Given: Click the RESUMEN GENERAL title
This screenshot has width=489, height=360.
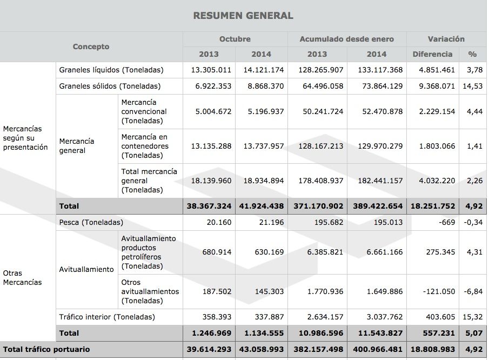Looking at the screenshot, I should tap(243, 16).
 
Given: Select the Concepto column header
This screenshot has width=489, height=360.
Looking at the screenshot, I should tap(91, 46).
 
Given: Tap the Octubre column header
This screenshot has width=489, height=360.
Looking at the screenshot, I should tap(235, 39).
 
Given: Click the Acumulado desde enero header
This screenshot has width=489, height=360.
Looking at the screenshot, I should tap(347, 39).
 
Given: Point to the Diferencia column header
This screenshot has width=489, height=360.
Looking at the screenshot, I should tap(432, 54).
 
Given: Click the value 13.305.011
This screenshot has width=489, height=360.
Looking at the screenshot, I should tap(211, 70).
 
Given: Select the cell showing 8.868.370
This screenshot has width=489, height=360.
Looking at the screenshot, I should tap(263, 86).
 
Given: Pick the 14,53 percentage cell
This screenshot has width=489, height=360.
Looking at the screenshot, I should tap(472, 86).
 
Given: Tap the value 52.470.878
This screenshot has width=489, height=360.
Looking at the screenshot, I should tap(380, 111).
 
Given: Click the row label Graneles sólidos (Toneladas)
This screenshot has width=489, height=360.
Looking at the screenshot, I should tap(110, 86).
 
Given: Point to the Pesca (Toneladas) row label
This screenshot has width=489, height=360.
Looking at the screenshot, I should tap(91, 222).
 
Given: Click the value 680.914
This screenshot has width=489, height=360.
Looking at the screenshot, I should tap(216, 252).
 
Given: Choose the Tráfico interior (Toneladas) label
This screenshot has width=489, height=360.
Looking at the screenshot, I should tap(107, 317).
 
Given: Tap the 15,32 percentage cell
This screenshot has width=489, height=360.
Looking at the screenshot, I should tap(472, 317).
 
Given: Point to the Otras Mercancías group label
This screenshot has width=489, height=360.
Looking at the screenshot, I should tap(22, 277).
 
